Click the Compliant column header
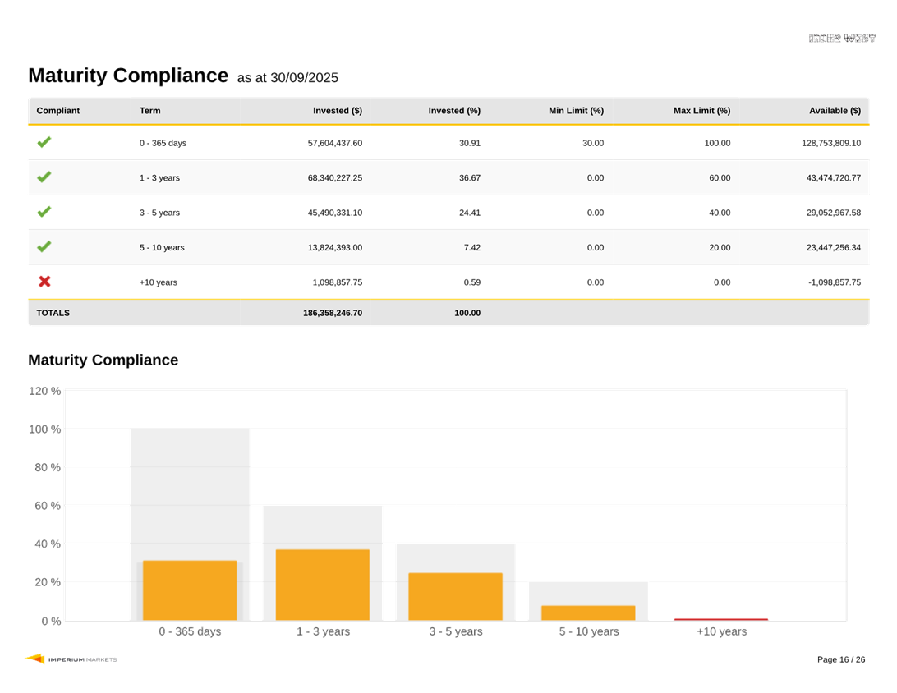(x=58, y=111)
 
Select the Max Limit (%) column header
(x=701, y=111)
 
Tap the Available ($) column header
(x=835, y=111)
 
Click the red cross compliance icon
(x=44, y=282)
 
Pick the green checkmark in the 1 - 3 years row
(x=44, y=177)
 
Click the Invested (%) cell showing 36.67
(x=470, y=178)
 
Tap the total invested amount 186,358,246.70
(x=333, y=313)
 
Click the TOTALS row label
(x=53, y=313)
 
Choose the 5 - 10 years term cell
(x=162, y=248)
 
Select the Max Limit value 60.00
(x=720, y=178)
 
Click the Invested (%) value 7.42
(x=471, y=248)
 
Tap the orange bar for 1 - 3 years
(x=323, y=585)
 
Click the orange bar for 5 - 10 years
(x=588, y=613)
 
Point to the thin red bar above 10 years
(x=721, y=618)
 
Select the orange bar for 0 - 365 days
(x=190, y=590)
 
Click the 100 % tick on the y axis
(x=44, y=429)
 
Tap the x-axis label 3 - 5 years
(x=455, y=631)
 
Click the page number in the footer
(x=841, y=659)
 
